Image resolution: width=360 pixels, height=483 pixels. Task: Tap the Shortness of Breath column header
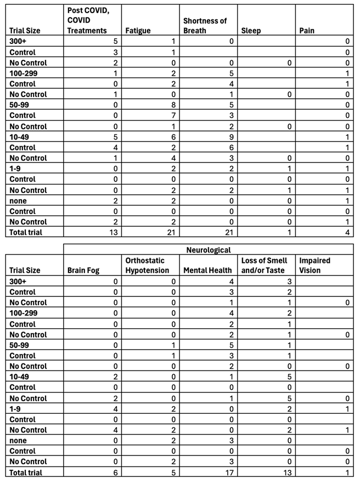[205, 26]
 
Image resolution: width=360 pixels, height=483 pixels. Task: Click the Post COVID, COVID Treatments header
[87, 21]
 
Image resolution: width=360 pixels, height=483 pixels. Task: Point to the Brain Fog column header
[82, 271]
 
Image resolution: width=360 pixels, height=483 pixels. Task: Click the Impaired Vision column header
[316, 266]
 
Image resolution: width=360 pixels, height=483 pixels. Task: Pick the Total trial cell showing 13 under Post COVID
[114, 232]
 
